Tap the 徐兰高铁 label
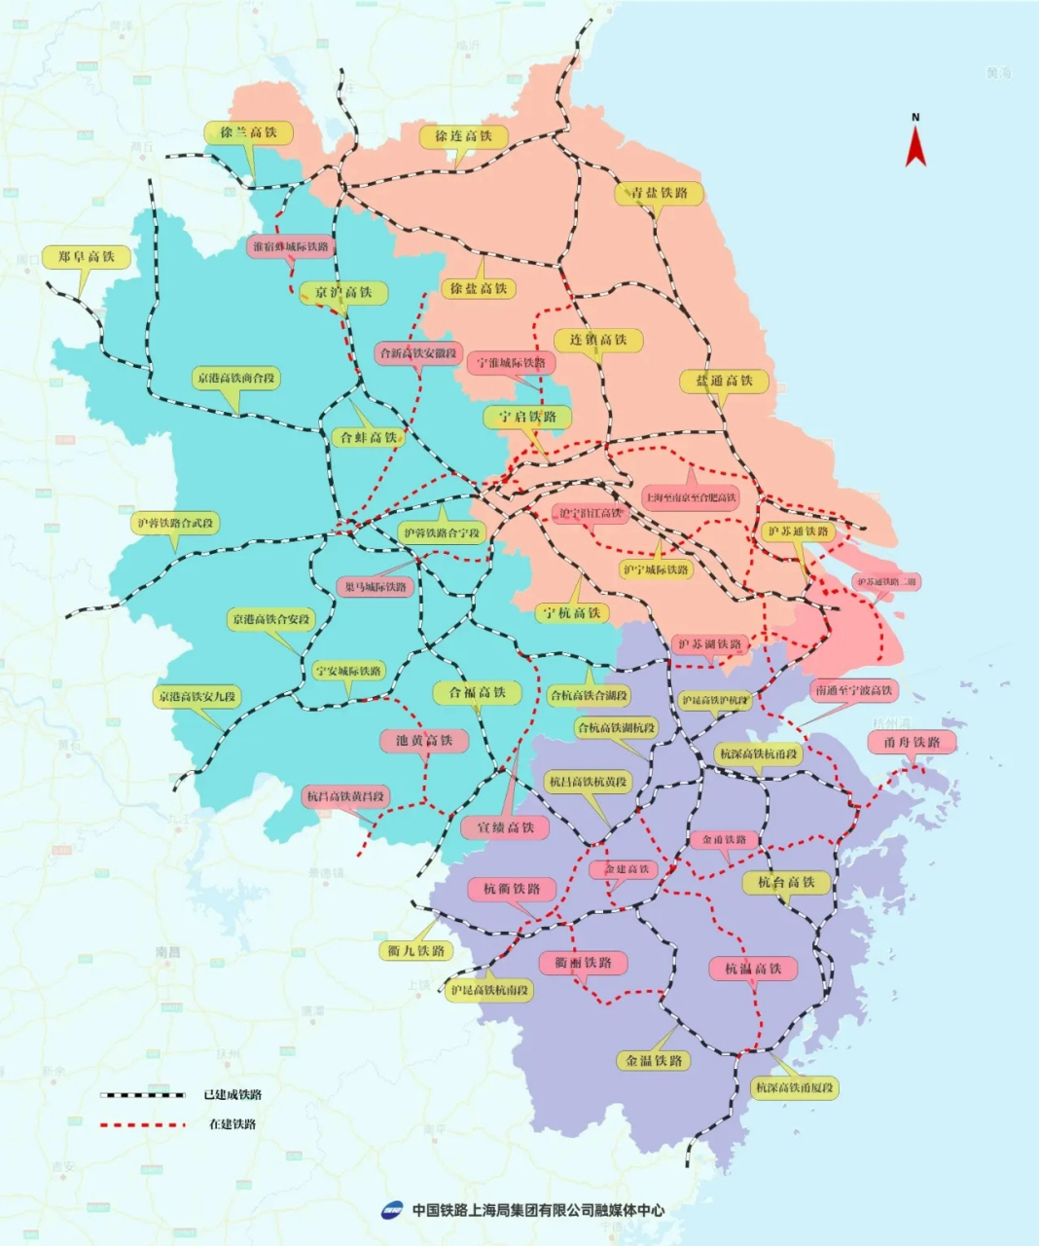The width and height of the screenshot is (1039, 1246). pyautogui.click(x=248, y=132)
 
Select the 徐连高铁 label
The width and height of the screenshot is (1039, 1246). pyautogui.click(x=463, y=136)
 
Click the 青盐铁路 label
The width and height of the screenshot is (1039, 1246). pyautogui.click(x=659, y=193)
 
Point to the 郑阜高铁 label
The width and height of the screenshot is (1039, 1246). pyautogui.click(x=86, y=257)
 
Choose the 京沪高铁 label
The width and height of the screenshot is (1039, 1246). pyautogui.click(x=343, y=292)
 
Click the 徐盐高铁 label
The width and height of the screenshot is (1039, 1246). pyautogui.click(x=478, y=288)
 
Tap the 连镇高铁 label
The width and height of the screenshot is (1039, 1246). pyautogui.click(x=598, y=340)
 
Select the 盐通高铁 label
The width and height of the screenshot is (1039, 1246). pyautogui.click(x=724, y=381)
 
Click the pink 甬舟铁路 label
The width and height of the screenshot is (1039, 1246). pyautogui.click(x=912, y=742)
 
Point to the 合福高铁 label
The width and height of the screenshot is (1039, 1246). pyautogui.click(x=477, y=692)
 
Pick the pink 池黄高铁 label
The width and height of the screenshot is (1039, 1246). pyautogui.click(x=424, y=740)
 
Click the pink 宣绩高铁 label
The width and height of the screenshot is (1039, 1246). pyautogui.click(x=505, y=827)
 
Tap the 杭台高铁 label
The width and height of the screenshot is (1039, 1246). pyautogui.click(x=786, y=882)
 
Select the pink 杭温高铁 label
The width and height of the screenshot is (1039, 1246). pyautogui.click(x=753, y=969)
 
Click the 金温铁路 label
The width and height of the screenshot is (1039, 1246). pyautogui.click(x=654, y=1060)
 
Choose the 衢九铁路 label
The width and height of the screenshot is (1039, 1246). pyautogui.click(x=415, y=951)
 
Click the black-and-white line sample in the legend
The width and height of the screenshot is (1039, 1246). pyautogui.click(x=142, y=1095)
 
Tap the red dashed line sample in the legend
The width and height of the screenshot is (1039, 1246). pyautogui.click(x=142, y=1124)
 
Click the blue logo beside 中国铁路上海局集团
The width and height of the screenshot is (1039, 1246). pyautogui.click(x=391, y=1210)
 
